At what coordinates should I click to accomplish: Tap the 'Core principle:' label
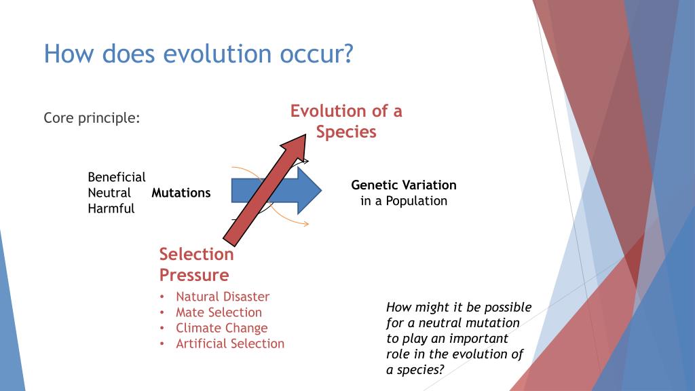[92, 118]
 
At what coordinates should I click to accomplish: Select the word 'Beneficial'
[117, 177]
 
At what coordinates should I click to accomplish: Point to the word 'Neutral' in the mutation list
[109, 193]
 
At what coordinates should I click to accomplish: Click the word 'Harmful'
[111, 208]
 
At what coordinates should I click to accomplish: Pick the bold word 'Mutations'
[181, 193]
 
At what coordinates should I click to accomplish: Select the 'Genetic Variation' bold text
[404, 185]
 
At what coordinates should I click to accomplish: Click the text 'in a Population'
[404, 201]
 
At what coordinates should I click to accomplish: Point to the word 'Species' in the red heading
[346, 132]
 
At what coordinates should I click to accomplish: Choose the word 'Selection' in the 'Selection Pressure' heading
[196, 254]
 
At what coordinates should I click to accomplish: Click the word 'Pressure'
[194, 275]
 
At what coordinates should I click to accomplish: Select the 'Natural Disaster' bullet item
[223, 297]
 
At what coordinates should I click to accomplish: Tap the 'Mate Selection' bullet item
[219, 312]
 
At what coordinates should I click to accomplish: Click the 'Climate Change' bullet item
[222, 328]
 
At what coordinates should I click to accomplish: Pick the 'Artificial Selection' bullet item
[230, 343]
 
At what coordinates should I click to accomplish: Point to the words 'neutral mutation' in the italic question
[469, 322]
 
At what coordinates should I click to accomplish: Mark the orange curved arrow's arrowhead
[305, 224]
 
